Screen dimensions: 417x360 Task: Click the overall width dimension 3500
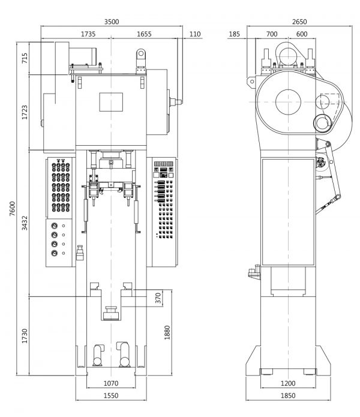point(111,22)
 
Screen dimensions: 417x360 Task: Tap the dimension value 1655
point(144,34)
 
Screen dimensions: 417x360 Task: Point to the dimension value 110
point(194,34)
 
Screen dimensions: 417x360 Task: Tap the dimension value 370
point(158,298)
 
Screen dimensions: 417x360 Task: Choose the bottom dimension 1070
point(111,383)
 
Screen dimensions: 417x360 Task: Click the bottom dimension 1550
point(111,396)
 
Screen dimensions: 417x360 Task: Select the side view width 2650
point(299,22)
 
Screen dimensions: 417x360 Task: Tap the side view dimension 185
point(235,34)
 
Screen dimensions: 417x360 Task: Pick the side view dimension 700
point(272,34)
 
